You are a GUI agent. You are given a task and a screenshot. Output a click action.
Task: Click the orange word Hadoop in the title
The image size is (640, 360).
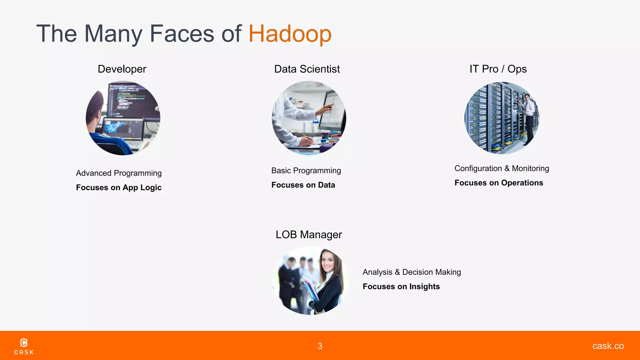coord(290,34)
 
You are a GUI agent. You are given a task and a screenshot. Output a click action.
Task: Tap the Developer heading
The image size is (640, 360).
coord(122,69)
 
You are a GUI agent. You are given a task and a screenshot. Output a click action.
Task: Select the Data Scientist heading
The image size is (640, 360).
coord(307,69)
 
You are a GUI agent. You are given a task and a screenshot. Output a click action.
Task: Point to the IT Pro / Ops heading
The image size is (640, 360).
coord(498,69)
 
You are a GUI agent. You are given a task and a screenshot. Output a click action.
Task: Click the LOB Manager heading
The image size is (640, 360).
coord(309,235)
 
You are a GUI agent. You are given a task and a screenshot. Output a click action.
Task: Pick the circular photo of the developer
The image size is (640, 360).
coord(123,118)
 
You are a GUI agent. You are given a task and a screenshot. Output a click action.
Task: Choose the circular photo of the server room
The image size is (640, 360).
coord(502,118)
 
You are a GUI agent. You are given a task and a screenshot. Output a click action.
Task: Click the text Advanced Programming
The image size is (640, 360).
coord(119,173)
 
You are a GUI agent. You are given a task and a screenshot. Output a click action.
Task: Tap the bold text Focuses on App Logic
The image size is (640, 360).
coord(119,187)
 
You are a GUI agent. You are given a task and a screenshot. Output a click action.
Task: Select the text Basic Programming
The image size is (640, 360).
coord(306,171)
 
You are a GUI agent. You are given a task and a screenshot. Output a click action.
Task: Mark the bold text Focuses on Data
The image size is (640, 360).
coord(303,185)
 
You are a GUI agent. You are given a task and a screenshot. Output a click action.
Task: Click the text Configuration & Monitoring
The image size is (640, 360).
coord(502,168)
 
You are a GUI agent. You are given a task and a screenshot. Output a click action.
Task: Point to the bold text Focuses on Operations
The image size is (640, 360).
coord(499,183)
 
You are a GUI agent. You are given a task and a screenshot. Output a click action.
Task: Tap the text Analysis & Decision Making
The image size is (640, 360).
coord(412,272)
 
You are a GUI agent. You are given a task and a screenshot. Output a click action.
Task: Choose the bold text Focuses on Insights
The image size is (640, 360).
coord(401,287)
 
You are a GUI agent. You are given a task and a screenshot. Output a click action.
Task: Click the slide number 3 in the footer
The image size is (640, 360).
coord(320,346)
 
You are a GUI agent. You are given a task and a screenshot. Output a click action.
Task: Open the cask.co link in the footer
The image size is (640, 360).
coord(608,346)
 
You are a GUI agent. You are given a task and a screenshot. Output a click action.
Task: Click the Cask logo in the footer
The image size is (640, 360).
coord(24,346)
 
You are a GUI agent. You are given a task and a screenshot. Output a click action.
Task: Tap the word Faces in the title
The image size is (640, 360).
coord(182,34)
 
